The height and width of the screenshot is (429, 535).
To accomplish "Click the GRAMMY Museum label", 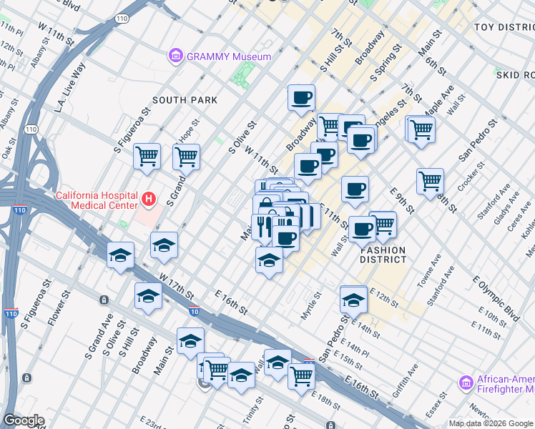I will pyautogui.click(x=228, y=56).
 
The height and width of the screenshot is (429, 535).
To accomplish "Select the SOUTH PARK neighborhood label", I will pyautogui.click(x=185, y=100).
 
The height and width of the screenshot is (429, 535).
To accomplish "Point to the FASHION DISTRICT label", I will pyautogui.click(x=383, y=255).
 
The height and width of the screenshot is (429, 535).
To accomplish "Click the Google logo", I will pyautogui.click(x=24, y=420).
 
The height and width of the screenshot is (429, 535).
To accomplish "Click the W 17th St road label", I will pyautogui.click(x=177, y=285).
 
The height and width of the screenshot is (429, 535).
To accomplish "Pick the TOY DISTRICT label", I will pyautogui.click(x=504, y=27).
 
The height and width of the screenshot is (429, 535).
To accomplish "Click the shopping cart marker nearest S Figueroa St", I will pyautogui.click(x=147, y=155).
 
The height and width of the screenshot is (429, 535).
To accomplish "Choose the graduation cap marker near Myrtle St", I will pyautogui.click(x=353, y=300).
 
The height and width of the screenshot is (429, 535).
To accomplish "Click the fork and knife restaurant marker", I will pyautogui.click(x=263, y=226).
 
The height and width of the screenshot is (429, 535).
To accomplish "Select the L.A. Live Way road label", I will pyautogui.click(x=70, y=87).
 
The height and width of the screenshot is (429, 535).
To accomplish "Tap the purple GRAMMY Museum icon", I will pyautogui.click(x=174, y=55).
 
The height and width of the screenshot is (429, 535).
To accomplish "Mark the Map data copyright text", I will pyautogui.click(x=491, y=423).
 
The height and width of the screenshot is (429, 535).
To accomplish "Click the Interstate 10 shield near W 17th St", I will pyautogui.click(x=195, y=311).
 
